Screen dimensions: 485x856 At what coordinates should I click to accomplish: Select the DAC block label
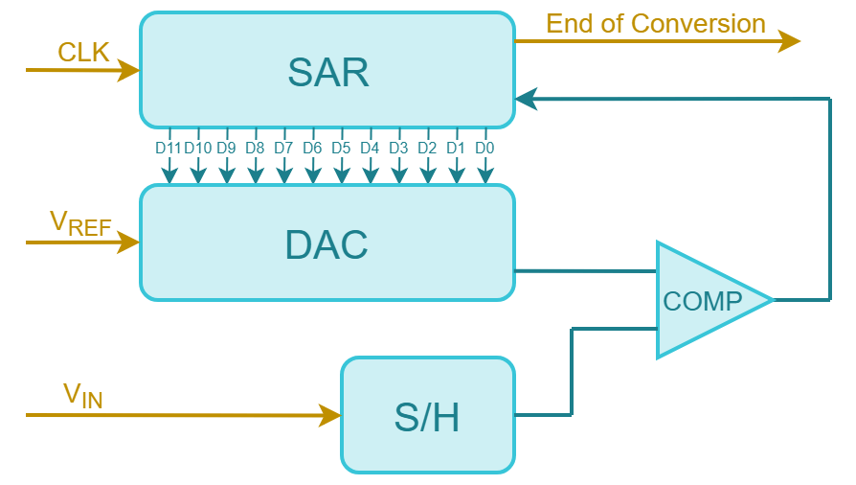click(327, 245)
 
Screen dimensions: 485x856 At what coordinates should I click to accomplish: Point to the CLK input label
click(84, 52)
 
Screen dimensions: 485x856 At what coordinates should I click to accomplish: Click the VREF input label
click(80, 223)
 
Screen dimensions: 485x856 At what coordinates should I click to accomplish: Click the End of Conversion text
click(656, 24)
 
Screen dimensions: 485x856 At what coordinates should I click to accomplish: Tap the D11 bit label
click(169, 149)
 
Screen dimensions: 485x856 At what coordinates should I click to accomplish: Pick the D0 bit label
click(484, 149)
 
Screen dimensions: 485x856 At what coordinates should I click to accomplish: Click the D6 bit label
click(312, 149)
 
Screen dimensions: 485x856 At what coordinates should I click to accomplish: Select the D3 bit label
click(398, 149)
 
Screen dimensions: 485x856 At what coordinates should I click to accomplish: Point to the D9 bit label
click(226, 149)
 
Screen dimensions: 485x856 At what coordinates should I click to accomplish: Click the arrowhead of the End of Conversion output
click(790, 41)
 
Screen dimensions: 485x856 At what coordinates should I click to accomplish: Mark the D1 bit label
click(456, 149)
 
